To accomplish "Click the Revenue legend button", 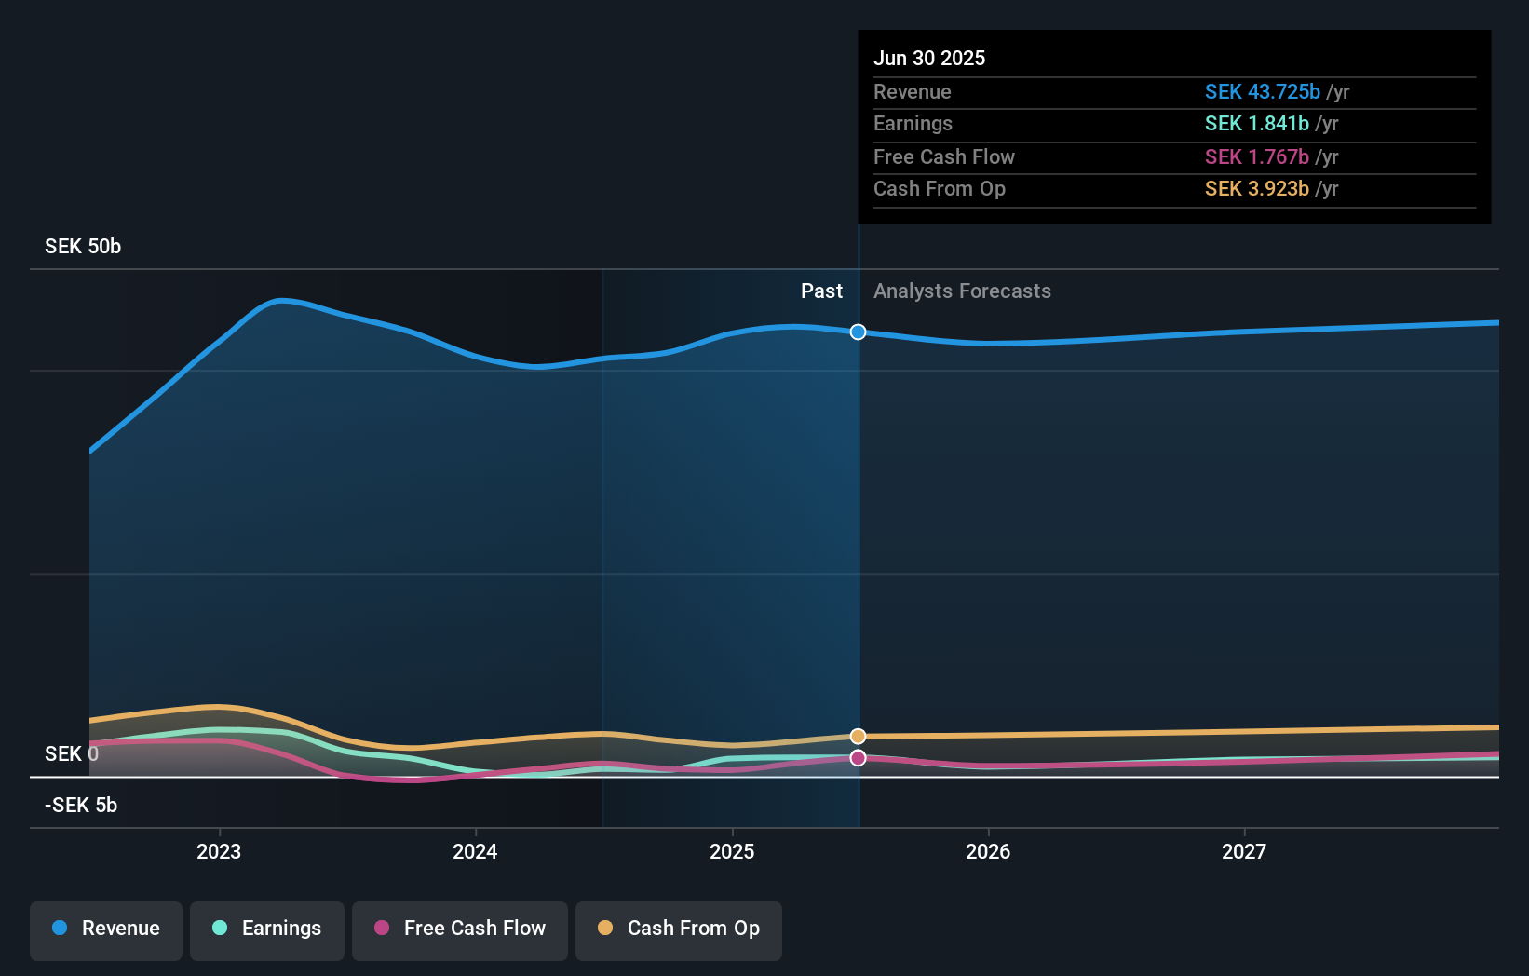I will tap(106, 929).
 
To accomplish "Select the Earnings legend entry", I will tap(266, 929).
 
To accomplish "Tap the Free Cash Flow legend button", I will tap(459, 929).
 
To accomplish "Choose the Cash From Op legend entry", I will tap(678, 929).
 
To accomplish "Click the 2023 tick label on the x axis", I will tap(219, 851).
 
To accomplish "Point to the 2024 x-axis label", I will tap(475, 851).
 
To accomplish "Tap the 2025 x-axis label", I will tap(732, 851).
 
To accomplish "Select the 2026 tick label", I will tap(988, 851).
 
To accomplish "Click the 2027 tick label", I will tap(1244, 851).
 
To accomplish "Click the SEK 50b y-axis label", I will tap(83, 247).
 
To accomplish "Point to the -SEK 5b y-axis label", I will tap(81, 806).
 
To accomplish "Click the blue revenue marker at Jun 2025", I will tap(858, 332).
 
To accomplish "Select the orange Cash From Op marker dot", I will tap(858, 737).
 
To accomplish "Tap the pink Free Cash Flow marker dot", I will tap(858, 758).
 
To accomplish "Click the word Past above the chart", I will tap(821, 291).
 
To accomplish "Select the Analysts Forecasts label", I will tap(962, 291).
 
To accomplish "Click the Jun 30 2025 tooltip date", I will tap(928, 58).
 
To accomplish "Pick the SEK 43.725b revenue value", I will tap(1262, 92).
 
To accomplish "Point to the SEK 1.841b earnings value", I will tap(1256, 124).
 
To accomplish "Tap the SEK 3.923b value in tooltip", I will tap(1256, 189).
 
